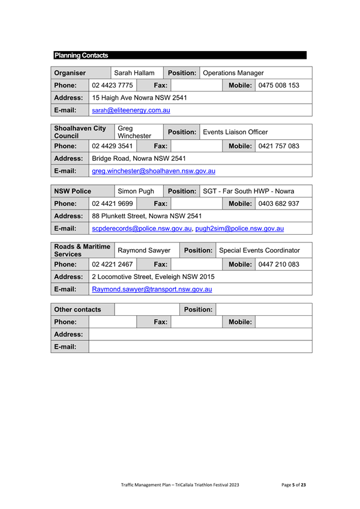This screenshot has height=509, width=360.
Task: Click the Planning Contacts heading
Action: pos(81,55)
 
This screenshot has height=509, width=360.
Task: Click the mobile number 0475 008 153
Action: pos(278,85)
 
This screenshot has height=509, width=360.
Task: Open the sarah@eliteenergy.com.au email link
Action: pos(131,110)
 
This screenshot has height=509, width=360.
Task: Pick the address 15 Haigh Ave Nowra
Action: pos(139,98)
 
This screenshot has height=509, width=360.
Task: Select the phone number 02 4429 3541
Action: pos(112,145)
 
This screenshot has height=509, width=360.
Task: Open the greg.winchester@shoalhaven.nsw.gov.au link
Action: pos(154,171)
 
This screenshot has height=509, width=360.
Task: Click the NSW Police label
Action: pos(72,191)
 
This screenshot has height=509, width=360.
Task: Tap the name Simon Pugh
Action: pos(136,191)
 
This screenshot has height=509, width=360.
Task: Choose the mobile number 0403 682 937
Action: pos(278,204)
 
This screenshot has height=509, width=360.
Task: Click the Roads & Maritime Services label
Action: pos(82,250)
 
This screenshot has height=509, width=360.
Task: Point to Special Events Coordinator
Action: pos(260,250)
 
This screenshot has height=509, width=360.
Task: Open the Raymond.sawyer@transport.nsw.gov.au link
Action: pos(152,289)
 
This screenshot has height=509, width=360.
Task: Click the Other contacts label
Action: pos(77,309)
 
